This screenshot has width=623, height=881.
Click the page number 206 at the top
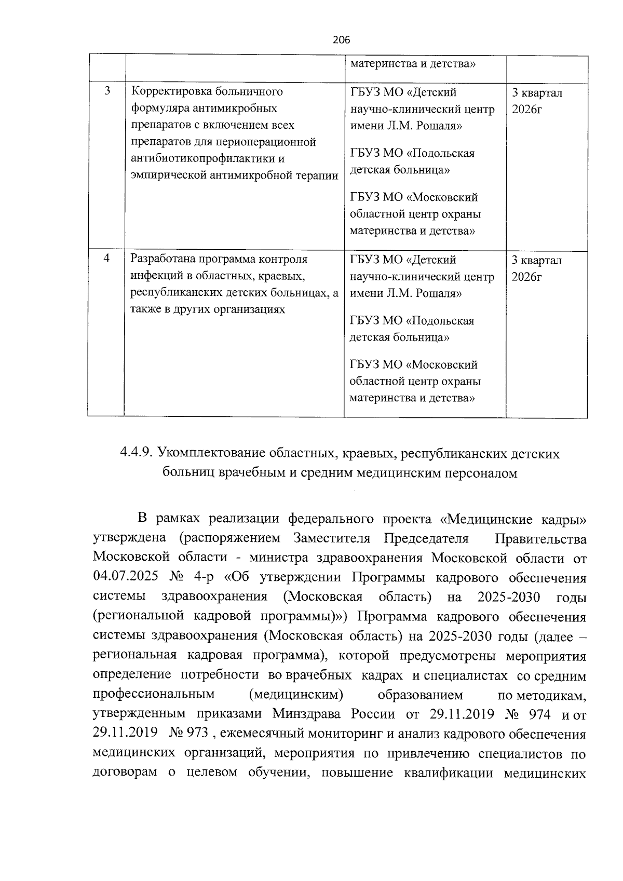[342, 40]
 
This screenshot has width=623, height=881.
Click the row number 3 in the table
[106, 91]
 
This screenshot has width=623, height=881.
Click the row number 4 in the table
[106, 258]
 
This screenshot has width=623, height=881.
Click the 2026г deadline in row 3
[526, 110]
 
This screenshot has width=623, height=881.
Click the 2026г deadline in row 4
[526, 277]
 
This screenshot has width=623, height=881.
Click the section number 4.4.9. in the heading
[136, 454]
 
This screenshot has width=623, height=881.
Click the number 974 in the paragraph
[538, 715]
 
